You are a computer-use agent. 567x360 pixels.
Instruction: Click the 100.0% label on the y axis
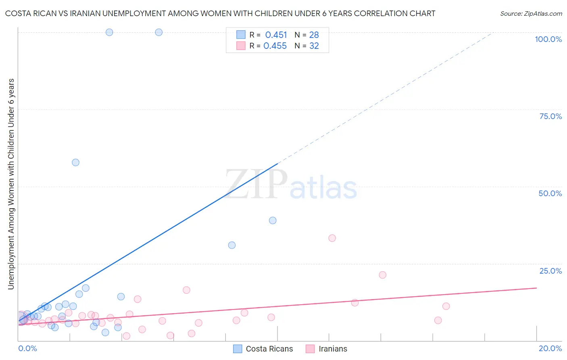[548, 39]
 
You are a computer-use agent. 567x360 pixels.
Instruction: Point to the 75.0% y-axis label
[550, 116]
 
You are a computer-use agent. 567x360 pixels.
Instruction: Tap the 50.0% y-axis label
[550, 193]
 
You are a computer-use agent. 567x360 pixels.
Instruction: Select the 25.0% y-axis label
[550, 270]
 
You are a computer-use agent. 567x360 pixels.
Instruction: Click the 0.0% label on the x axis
[27, 348]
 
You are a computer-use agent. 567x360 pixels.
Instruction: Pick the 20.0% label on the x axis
[550, 348]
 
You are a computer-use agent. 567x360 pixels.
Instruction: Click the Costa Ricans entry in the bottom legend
[269, 349]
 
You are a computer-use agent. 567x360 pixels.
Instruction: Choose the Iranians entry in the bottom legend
[332, 349]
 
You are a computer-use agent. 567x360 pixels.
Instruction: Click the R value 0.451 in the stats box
[276, 35]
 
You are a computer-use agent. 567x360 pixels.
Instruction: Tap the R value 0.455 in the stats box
[275, 46]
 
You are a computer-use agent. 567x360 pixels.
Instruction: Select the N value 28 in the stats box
[314, 35]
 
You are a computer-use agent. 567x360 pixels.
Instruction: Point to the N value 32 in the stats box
[314, 46]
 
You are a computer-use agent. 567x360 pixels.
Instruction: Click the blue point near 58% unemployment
[75, 163]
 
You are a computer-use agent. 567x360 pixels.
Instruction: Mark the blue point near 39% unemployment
[273, 220]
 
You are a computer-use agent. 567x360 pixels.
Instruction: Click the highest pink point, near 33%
[332, 238]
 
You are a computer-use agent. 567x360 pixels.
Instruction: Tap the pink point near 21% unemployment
[382, 275]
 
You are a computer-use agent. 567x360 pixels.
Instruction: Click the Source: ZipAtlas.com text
[531, 13]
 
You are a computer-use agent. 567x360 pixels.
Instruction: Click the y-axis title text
[11, 184]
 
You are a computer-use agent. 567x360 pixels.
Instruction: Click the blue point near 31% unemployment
[231, 245]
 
